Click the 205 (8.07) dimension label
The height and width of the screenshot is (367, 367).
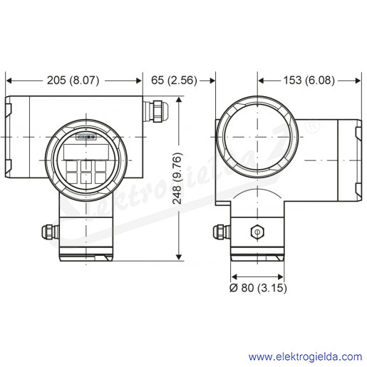coord(73,81)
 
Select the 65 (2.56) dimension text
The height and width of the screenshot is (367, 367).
coord(174,81)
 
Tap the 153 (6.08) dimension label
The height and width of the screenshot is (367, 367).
coord(309,81)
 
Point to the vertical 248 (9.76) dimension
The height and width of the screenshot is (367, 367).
coord(177,178)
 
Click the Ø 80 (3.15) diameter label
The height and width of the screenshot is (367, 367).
coord(258,288)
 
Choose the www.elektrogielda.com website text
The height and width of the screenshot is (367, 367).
coord(305,356)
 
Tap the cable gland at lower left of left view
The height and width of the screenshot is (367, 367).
coord(50,232)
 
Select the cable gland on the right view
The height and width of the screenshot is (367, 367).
coord(221,232)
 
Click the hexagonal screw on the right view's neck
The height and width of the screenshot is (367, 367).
coord(257,232)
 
